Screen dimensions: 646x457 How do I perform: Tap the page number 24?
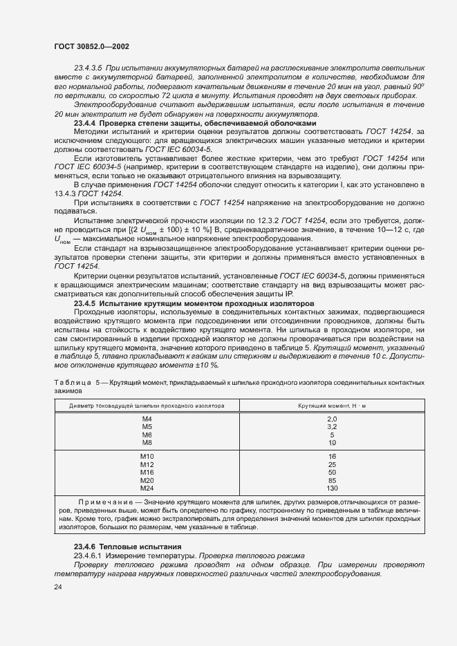click(x=58, y=587)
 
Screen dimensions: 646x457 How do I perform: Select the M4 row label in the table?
click(x=147, y=419)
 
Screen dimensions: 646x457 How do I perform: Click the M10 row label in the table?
click(x=147, y=457)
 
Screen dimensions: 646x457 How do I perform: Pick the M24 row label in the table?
click(x=147, y=488)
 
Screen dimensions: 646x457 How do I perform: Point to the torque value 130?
click(x=332, y=488)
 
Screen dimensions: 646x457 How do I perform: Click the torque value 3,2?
click(x=332, y=427)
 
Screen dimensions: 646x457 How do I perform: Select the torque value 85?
click(x=332, y=480)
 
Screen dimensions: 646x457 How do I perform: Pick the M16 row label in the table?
click(x=147, y=473)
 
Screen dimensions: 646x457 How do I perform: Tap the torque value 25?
click(x=332, y=465)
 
